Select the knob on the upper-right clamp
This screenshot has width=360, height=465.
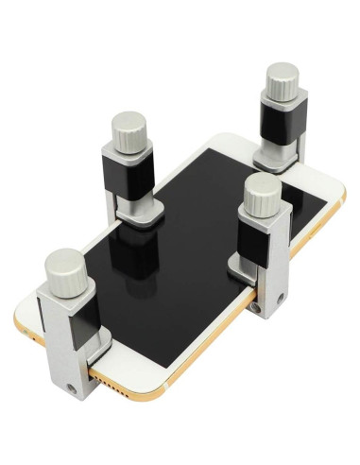point(281,80)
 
